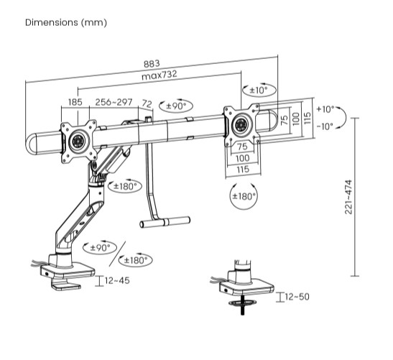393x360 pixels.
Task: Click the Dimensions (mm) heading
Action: (66, 22)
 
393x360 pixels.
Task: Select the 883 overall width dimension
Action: (151, 63)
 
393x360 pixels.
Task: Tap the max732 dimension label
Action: (159, 75)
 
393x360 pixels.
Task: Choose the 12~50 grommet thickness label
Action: (297, 296)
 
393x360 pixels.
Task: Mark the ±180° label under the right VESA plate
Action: (244, 195)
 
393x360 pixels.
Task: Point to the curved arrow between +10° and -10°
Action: (346, 117)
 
